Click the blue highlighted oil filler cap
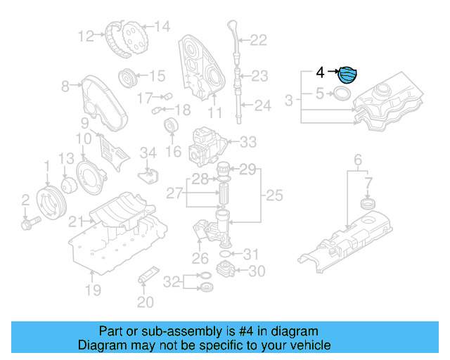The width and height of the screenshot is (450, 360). click(347, 74)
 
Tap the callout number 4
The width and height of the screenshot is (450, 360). click(320, 72)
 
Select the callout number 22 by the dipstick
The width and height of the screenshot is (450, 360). click(259, 40)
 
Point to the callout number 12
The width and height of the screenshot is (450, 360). click(86, 35)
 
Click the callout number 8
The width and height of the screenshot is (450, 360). click(65, 86)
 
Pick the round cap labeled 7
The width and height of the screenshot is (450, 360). click(366, 204)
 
